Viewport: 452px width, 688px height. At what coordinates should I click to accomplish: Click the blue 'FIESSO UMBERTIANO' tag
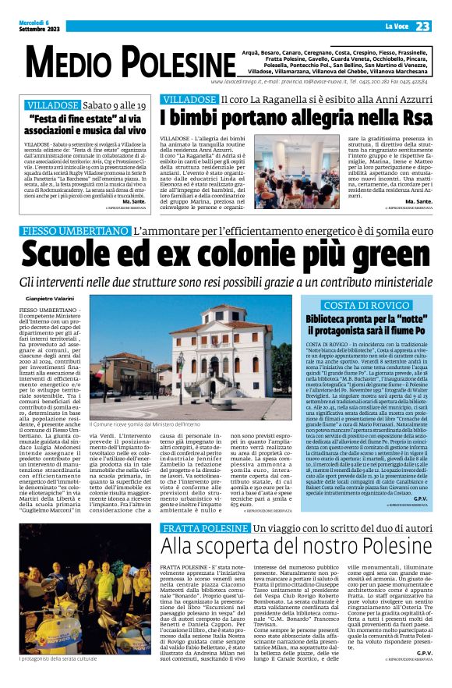75,232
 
